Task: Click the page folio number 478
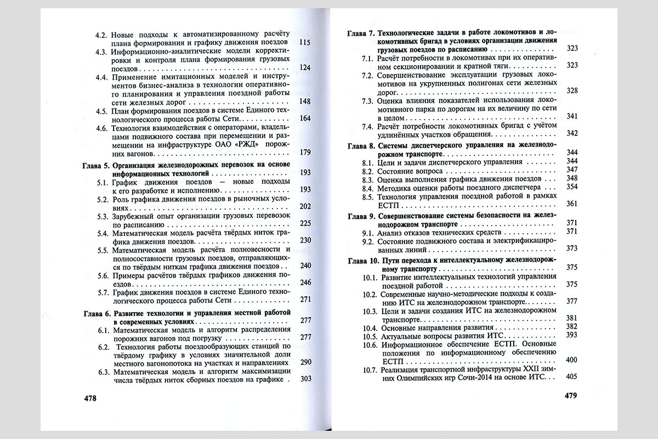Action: [87, 399]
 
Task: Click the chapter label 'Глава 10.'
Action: [362, 260]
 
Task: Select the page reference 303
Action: [305, 379]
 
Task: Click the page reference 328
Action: [572, 91]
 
